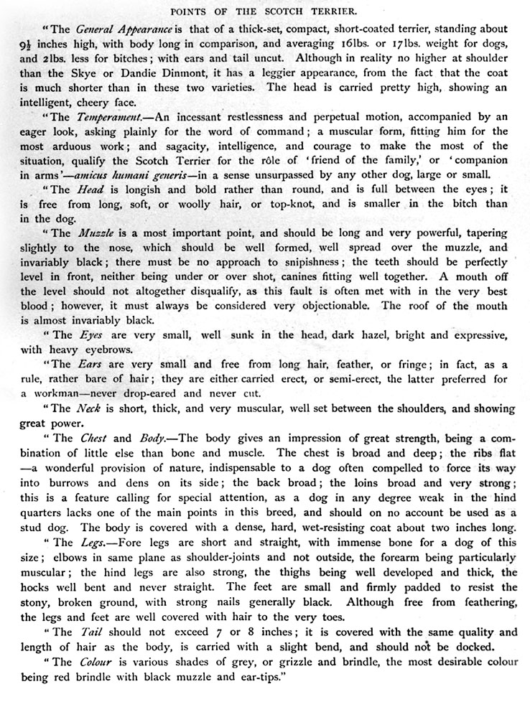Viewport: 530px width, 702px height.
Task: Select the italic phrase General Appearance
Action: coord(122,30)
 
